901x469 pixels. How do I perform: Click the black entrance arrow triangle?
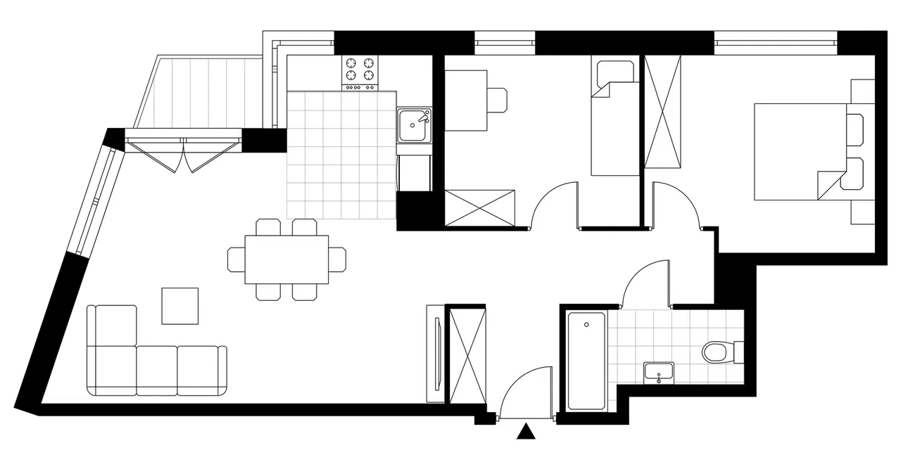pyautogui.click(x=525, y=432)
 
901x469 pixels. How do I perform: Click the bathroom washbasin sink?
pyautogui.click(x=658, y=373)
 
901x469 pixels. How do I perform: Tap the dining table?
pyautogui.click(x=286, y=259)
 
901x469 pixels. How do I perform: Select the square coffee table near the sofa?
pyautogui.click(x=179, y=306)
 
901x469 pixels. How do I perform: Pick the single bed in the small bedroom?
pyautogui.click(x=615, y=127)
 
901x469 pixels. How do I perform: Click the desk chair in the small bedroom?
pyautogui.click(x=498, y=99)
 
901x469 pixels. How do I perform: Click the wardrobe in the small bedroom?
pyautogui.click(x=481, y=207)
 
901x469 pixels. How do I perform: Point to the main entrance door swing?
pyautogui.click(x=524, y=394)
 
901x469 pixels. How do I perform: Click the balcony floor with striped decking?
pyautogui.click(x=204, y=91)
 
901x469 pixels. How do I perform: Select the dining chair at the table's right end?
pyautogui.click(x=338, y=259)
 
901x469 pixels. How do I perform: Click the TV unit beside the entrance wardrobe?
pyautogui.click(x=436, y=354)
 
